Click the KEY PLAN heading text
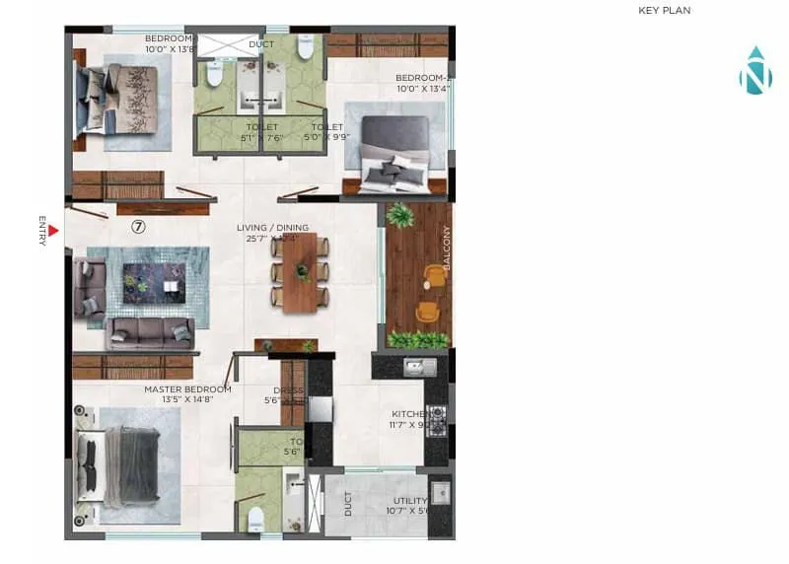coord(665,11)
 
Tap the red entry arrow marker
coord(54,232)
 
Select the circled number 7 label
coord(139,226)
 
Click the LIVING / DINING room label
coord(272,228)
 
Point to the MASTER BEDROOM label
coord(187,389)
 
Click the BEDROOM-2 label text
coord(423,78)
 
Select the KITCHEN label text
coord(408,414)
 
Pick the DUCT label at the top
coord(261,44)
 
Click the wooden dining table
coord(299,272)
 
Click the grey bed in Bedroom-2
coord(394,155)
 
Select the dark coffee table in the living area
coord(153,283)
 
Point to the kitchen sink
coord(419,368)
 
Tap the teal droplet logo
coord(754,71)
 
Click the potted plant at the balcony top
coord(400,214)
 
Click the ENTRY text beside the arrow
coord(42,230)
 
